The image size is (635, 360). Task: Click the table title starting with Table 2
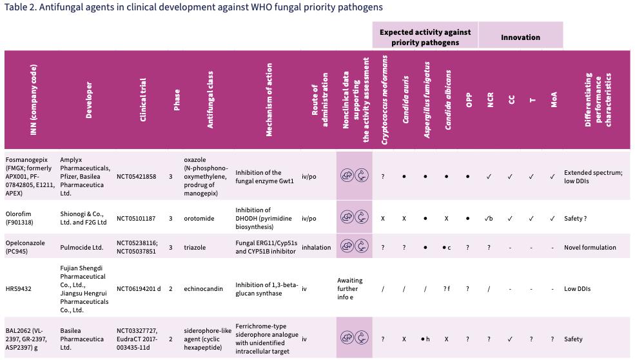coord(193,7)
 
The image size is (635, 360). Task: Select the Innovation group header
coord(520,37)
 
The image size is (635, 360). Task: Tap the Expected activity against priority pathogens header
coord(425,37)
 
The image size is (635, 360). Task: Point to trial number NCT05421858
coord(137,176)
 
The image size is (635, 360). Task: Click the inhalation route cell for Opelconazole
coord(316,247)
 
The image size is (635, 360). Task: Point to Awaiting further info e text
coord(350,289)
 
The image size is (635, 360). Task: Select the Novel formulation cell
coord(591,247)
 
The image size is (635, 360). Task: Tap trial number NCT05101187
coord(137,218)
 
